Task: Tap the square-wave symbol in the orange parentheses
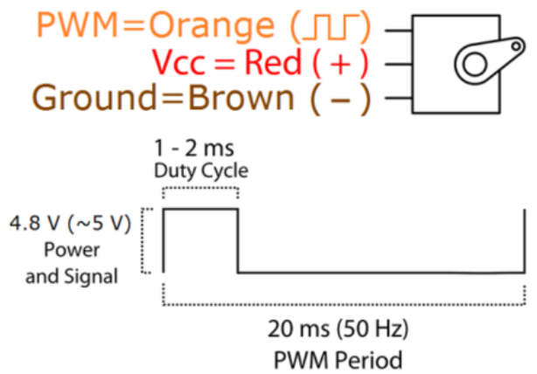pyautogui.click(x=328, y=26)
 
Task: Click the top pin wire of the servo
pyautogui.click(x=396, y=30)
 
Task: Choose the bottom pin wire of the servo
pyautogui.click(x=396, y=98)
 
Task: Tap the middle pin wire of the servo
pyautogui.click(x=396, y=64)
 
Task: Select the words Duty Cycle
pyautogui.click(x=199, y=169)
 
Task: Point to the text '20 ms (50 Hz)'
pyautogui.click(x=338, y=331)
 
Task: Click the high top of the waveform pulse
pyautogui.click(x=200, y=209)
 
